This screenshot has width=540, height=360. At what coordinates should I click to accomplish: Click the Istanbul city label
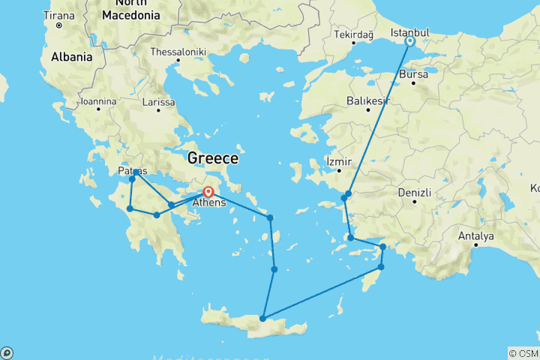[409, 32]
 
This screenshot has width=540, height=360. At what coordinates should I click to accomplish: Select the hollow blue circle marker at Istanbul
[410, 42]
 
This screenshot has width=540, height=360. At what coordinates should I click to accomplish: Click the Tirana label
[59, 16]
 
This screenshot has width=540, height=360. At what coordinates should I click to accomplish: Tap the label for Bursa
[414, 75]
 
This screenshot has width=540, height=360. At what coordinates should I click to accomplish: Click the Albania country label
[71, 57]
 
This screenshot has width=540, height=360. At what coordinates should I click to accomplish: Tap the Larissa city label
[158, 102]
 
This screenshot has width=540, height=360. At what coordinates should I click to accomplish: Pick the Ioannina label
[99, 101]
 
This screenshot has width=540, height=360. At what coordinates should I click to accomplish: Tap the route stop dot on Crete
[262, 319]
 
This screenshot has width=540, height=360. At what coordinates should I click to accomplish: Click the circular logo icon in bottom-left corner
[7, 352]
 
